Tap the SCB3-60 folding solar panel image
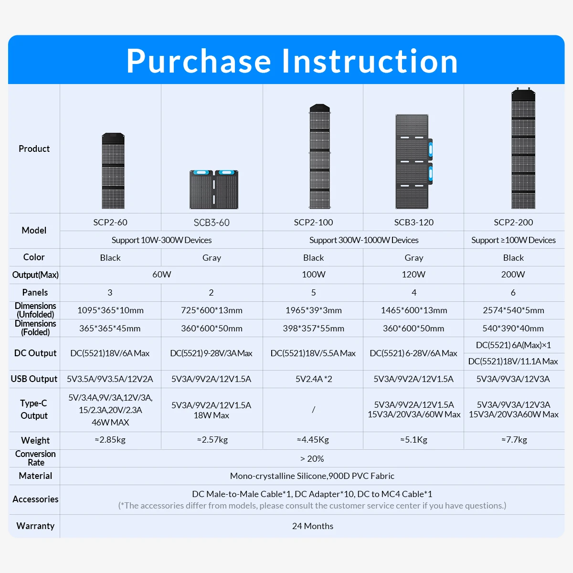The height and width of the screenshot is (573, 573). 213,189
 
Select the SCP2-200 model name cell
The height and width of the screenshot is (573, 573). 513,223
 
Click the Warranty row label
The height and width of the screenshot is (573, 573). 35,526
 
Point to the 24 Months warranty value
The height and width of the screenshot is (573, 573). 313,526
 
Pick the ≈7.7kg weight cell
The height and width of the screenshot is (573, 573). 514,440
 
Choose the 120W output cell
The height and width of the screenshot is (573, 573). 414,275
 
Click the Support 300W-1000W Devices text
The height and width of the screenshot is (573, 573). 363,240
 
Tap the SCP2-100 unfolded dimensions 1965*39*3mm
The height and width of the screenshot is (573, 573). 313,310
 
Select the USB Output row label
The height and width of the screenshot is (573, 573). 34,379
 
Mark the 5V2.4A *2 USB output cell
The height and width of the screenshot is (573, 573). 313,379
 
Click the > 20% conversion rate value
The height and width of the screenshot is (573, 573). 312,458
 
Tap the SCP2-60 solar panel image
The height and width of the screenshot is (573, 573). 113,171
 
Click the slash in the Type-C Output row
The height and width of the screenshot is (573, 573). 313,410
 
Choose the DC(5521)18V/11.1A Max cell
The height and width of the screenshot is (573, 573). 513,361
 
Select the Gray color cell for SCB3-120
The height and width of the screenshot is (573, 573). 414,258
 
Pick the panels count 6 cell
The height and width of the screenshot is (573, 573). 513,293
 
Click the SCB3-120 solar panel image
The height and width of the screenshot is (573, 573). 414,162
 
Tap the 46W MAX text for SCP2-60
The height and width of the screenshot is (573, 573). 110,423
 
